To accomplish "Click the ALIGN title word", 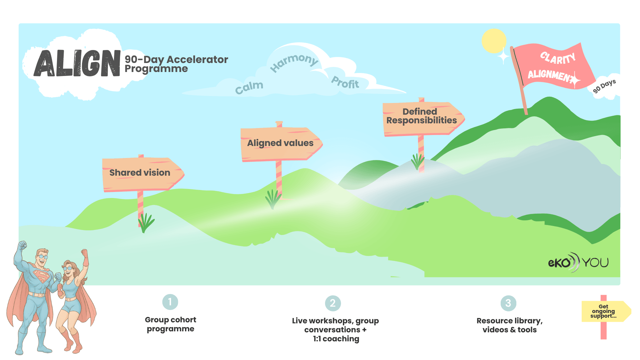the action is coord(77,63).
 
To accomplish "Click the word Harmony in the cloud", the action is coord(294,62).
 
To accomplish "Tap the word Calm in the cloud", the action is coord(249,87).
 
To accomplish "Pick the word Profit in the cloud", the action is coord(345,82).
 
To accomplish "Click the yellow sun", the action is coord(494,41).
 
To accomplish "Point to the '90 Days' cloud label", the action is coord(604,86).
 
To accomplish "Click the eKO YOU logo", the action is coord(578,262).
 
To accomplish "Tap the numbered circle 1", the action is coord(170,302).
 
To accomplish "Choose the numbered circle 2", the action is coord(333,303).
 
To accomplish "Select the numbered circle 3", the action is coord(508,303).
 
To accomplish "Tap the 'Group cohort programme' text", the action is coord(170,324).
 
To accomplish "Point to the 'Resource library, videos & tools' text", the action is coord(510,325).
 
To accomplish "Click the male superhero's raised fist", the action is coord(23,246).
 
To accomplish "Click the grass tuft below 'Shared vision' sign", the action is coord(146,223).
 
